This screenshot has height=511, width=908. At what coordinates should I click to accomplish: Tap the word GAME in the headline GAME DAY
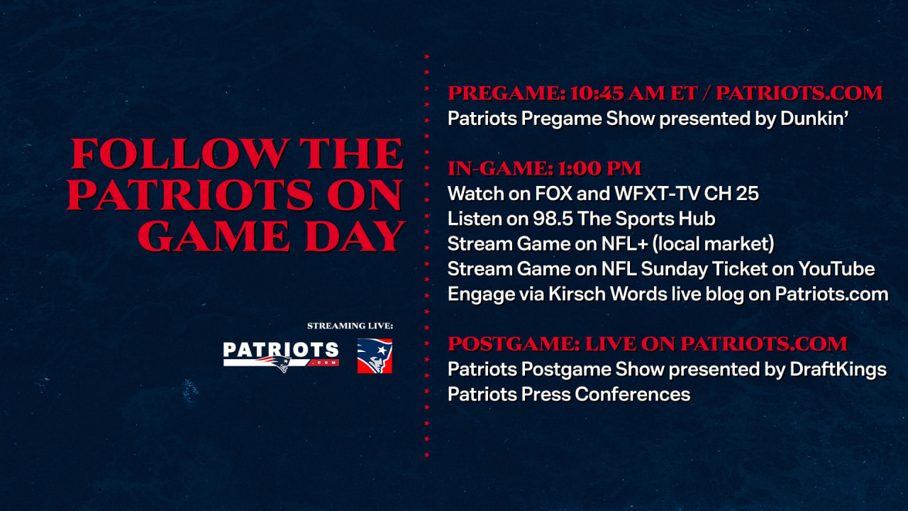[214, 236]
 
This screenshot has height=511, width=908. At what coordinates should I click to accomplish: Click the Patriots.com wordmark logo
[281, 356]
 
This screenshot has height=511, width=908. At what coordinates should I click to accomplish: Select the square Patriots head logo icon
[375, 356]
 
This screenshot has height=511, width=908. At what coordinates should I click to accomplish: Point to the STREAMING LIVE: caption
[350, 326]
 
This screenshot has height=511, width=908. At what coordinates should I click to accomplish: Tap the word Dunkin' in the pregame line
[814, 119]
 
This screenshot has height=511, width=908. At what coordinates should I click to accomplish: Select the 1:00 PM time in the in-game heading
[599, 168]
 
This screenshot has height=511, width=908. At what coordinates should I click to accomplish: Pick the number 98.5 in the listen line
[553, 219]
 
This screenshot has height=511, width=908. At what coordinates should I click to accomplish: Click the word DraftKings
[838, 370]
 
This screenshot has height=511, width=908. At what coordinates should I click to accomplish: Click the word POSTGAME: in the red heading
[514, 344]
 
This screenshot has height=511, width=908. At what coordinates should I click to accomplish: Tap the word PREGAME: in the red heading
[506, 93]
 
